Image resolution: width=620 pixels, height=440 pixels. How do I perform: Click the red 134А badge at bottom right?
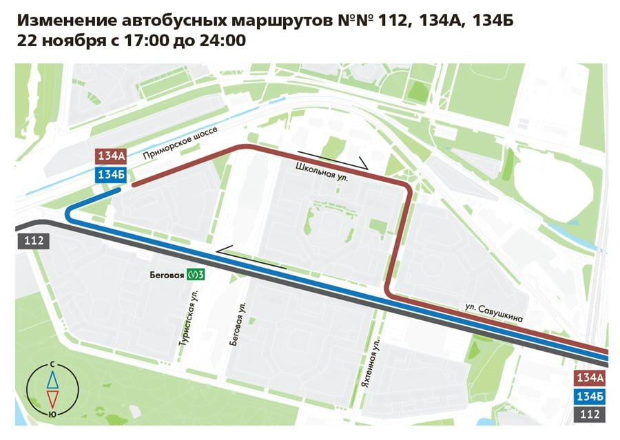point(590,377)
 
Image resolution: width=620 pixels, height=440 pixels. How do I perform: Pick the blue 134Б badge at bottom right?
point(590,396)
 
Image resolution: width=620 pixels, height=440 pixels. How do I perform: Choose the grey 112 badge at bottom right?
point(590,415)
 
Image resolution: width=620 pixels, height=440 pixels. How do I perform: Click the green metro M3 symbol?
point(197,275)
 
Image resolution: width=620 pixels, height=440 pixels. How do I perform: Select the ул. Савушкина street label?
point(493,314)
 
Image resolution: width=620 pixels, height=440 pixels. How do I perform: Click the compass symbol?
point(52,389)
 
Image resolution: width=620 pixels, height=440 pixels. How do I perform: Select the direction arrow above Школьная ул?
point(334,160)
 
